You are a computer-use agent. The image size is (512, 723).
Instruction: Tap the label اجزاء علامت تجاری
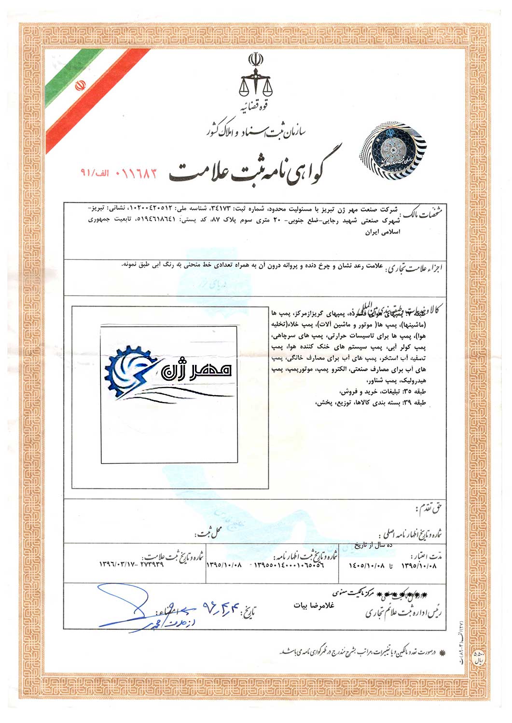coord(415,269)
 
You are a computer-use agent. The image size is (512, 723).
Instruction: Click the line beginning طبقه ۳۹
coord(371,402)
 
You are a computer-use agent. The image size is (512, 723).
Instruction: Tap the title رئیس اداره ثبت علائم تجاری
coord(403,613)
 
